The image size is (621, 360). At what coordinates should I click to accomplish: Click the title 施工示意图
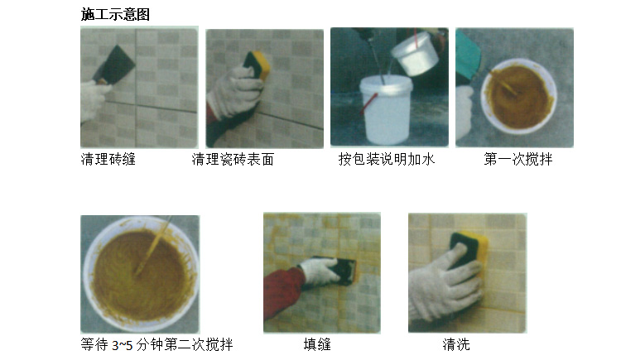[115, 14]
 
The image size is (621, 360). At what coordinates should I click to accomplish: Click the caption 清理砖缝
[108, 159]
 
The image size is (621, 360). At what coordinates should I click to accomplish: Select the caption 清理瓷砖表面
[233, 159]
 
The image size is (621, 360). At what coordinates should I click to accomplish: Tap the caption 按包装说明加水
[387, 159]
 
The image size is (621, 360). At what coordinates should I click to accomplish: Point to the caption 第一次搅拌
[518, 159]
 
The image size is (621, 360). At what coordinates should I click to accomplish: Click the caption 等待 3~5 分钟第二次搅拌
[156, 344]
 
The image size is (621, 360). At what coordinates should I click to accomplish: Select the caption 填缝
[317, 344]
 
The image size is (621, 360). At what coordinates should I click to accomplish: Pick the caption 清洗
[456, 344]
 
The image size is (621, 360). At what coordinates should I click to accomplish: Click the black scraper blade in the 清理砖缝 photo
[117, 65]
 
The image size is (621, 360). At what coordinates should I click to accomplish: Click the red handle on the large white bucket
[368, 103]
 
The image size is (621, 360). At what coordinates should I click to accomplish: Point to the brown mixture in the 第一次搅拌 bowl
[518, 97]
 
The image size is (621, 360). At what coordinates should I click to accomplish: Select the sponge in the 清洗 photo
[470, 249]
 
